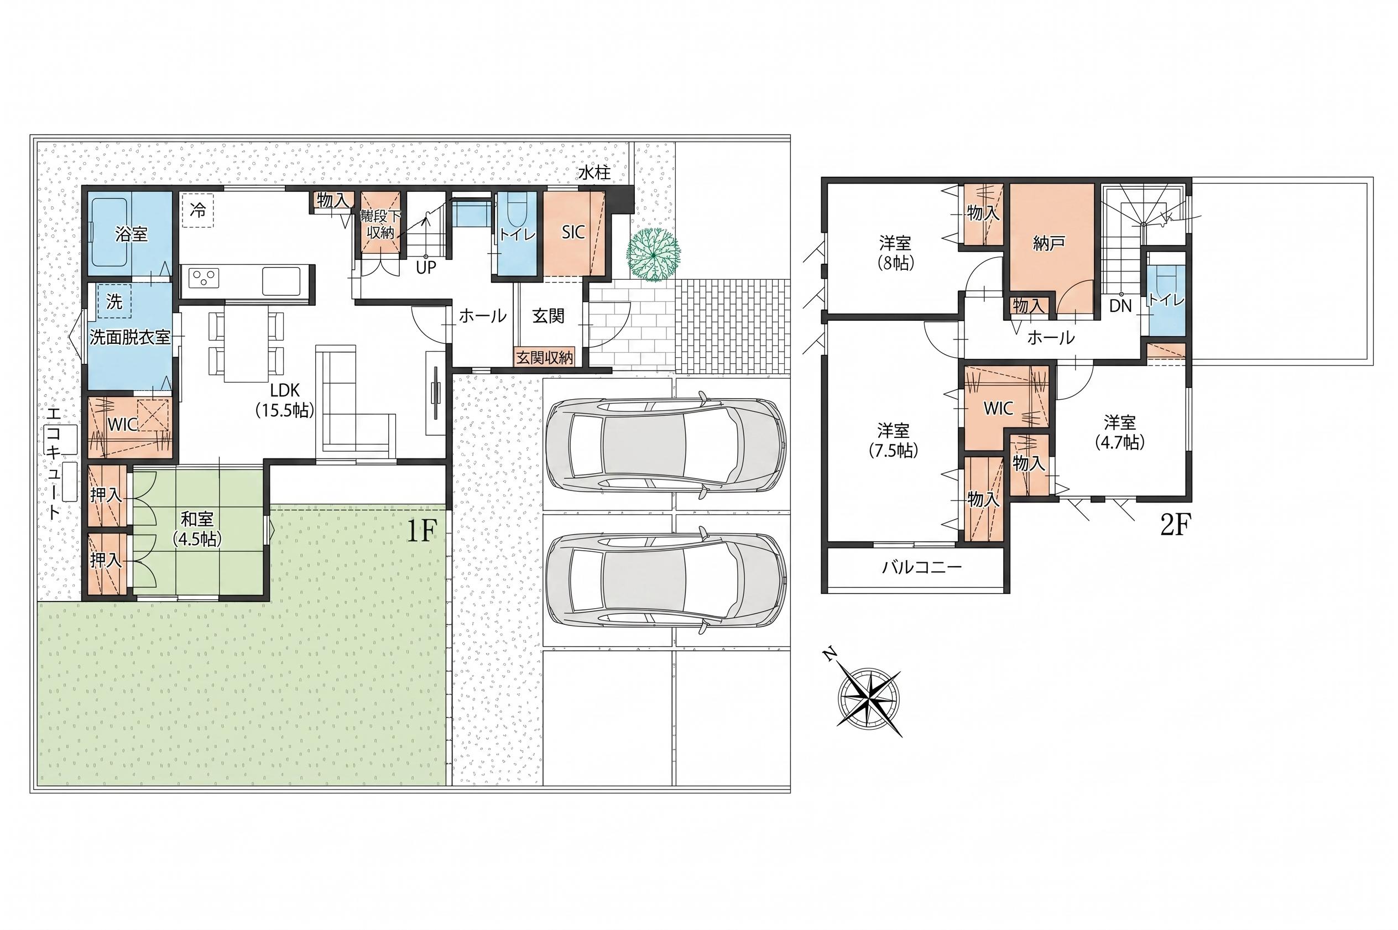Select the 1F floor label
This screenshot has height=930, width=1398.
(422, 531)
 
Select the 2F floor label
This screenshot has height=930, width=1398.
(1175, 525)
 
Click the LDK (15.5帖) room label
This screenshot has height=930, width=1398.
(285, 400)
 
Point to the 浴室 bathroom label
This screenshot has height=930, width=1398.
(131, 234)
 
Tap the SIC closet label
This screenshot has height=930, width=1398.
(573, 232)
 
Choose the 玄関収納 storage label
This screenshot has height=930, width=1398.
(545, 358)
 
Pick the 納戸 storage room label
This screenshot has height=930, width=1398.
(1048, 243)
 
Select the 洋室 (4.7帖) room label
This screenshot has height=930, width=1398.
(1120, 432)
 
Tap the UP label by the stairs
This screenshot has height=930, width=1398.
(426, 268)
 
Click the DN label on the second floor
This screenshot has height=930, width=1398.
(1120, 306)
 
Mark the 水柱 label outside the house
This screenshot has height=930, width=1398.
(594, 173)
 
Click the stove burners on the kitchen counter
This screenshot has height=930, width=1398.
(205, 278)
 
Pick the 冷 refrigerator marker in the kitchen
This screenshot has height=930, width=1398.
(198, 210)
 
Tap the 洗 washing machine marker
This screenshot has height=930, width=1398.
(114, 302)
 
